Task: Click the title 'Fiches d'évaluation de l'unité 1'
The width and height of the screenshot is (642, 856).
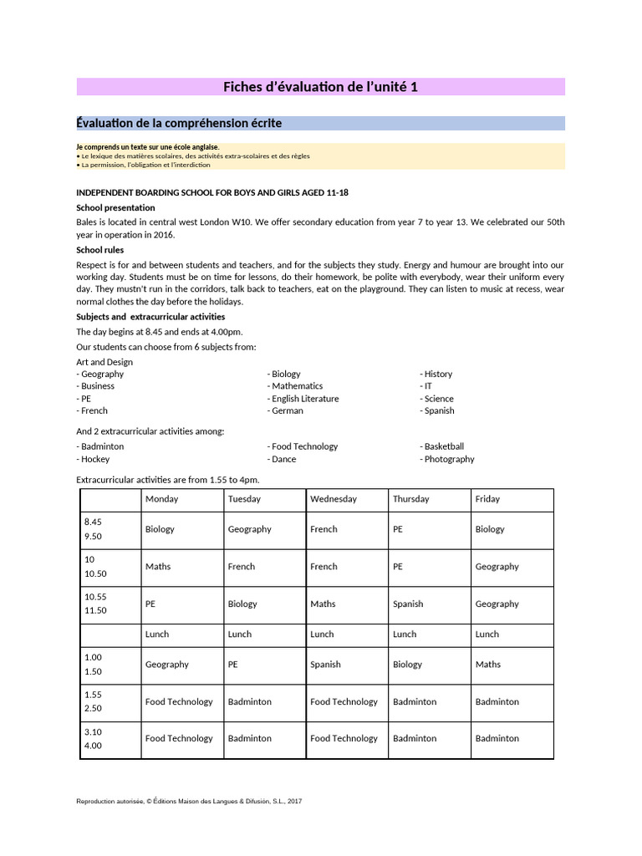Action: click(x=320, y=87)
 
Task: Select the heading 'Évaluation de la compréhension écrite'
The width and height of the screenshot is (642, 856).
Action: click(x=179, y=124)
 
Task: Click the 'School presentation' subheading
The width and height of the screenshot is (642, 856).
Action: click(x=115, y=207)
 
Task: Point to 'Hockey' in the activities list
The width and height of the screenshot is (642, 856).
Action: click(x=94, y=459)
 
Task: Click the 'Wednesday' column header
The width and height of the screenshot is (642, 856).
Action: click(x=333, y=499)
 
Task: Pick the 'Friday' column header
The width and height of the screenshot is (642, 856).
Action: click(x=487, y=499)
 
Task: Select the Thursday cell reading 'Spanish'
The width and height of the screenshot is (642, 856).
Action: click(x=408, y=604)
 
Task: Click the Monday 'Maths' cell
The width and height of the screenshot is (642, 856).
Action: click(x=158, y=567)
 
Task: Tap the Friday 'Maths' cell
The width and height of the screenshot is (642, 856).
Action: click(x=488, y=665)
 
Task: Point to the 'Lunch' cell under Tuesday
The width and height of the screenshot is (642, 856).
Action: click(x=240, y=634)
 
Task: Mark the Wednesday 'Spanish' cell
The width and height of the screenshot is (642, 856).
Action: click(x=325, y=665)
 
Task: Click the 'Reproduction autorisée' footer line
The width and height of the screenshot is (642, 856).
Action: click(x=189, y=802)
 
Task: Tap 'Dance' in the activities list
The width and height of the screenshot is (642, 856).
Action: click(x=283, y=459)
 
